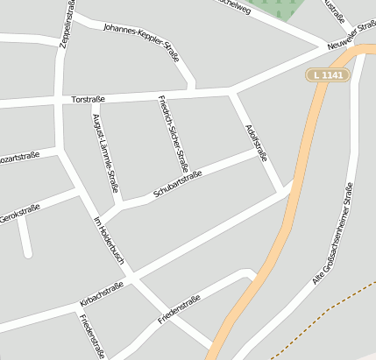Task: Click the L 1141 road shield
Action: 329,75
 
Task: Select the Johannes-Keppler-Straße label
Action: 141,41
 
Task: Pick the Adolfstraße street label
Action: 256,141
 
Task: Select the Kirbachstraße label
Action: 102,294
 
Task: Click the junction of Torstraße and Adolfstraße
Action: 231,91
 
